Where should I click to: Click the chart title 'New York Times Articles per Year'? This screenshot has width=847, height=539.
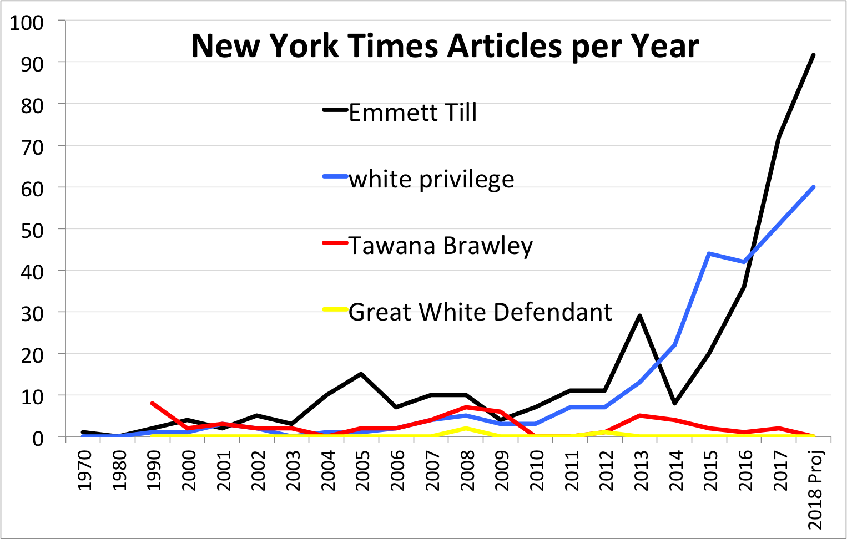coord(445,46)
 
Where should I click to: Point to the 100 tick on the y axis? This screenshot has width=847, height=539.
coord(27,23)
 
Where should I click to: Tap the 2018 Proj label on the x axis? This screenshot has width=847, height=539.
coord(815,490)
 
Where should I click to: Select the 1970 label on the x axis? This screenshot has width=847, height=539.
coord(84,471)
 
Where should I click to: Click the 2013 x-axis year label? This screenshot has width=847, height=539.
coord(641,471)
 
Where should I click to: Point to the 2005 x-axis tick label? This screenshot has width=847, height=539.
coord(362,471)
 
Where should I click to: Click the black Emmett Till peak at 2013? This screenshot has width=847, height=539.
coord(640,316)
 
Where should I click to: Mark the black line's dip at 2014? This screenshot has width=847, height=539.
coord(674,403)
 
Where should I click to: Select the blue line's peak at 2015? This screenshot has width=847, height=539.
coord(709,253)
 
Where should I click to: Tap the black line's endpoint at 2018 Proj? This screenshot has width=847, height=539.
coord(813,55)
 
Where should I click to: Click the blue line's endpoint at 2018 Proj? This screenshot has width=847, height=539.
coord(813,187)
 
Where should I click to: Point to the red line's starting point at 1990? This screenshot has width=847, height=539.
coord(152,403)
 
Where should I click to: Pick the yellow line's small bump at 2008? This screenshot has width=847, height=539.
coord(466,428)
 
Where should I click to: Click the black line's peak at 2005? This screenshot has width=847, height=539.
coord(361,374)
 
